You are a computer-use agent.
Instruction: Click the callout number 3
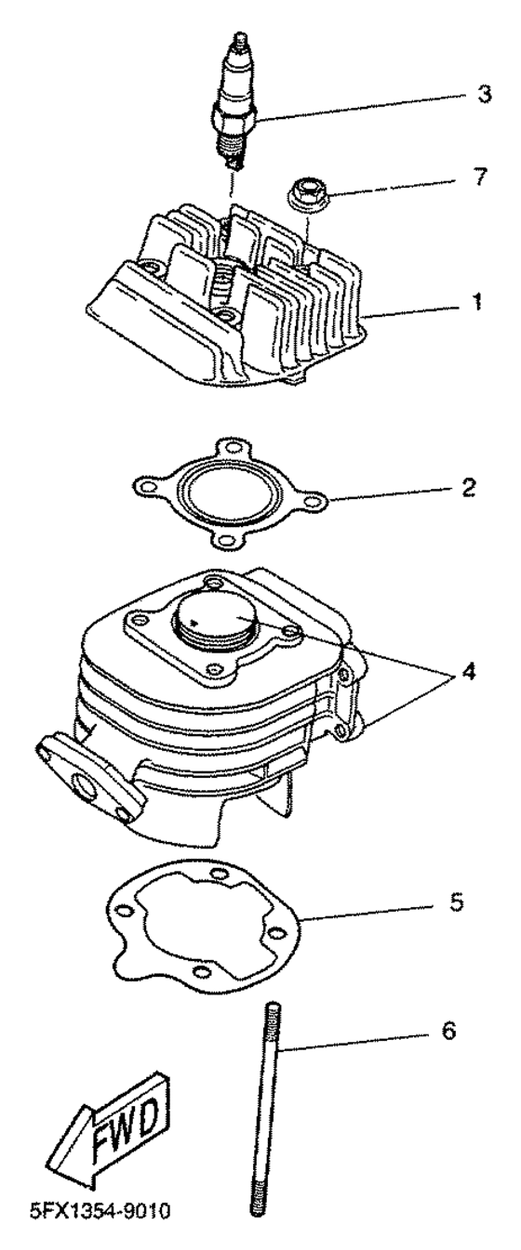click(x=484, y=94)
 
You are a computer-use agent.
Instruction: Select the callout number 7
click(x=480, y=177)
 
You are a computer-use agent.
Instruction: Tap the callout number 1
click(x=476, y=303)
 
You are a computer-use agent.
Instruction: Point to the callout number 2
click(x=469, y=487)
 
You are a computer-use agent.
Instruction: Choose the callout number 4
click(x=468, y=671)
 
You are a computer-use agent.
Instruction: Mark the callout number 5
click(x=456, y=901)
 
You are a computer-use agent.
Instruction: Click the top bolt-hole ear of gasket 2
click(x=230, y=446)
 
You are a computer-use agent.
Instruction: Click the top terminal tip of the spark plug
click(x=241, y=38)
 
